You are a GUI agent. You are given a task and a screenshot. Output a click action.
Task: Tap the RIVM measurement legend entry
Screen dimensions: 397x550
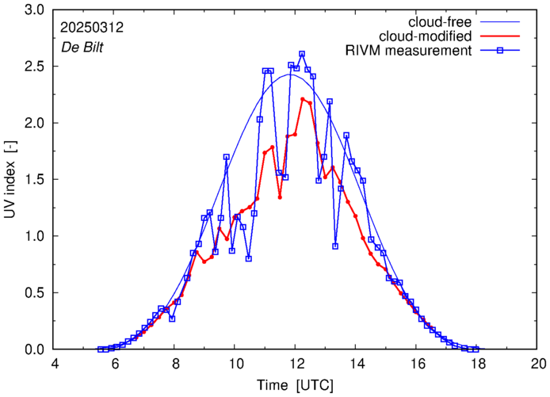[409, 52]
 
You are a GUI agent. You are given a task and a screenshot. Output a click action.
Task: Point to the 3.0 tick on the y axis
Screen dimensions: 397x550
[33, 10]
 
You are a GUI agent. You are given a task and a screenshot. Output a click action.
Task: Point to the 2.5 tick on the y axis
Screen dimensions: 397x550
[33, 67]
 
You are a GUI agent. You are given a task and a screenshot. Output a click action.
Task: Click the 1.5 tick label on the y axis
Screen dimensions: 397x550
[33, 180]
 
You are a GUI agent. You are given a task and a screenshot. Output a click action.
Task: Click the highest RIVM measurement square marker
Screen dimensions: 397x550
[302, 54]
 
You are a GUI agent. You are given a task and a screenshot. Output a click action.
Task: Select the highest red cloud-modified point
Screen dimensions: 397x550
[303, 99]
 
